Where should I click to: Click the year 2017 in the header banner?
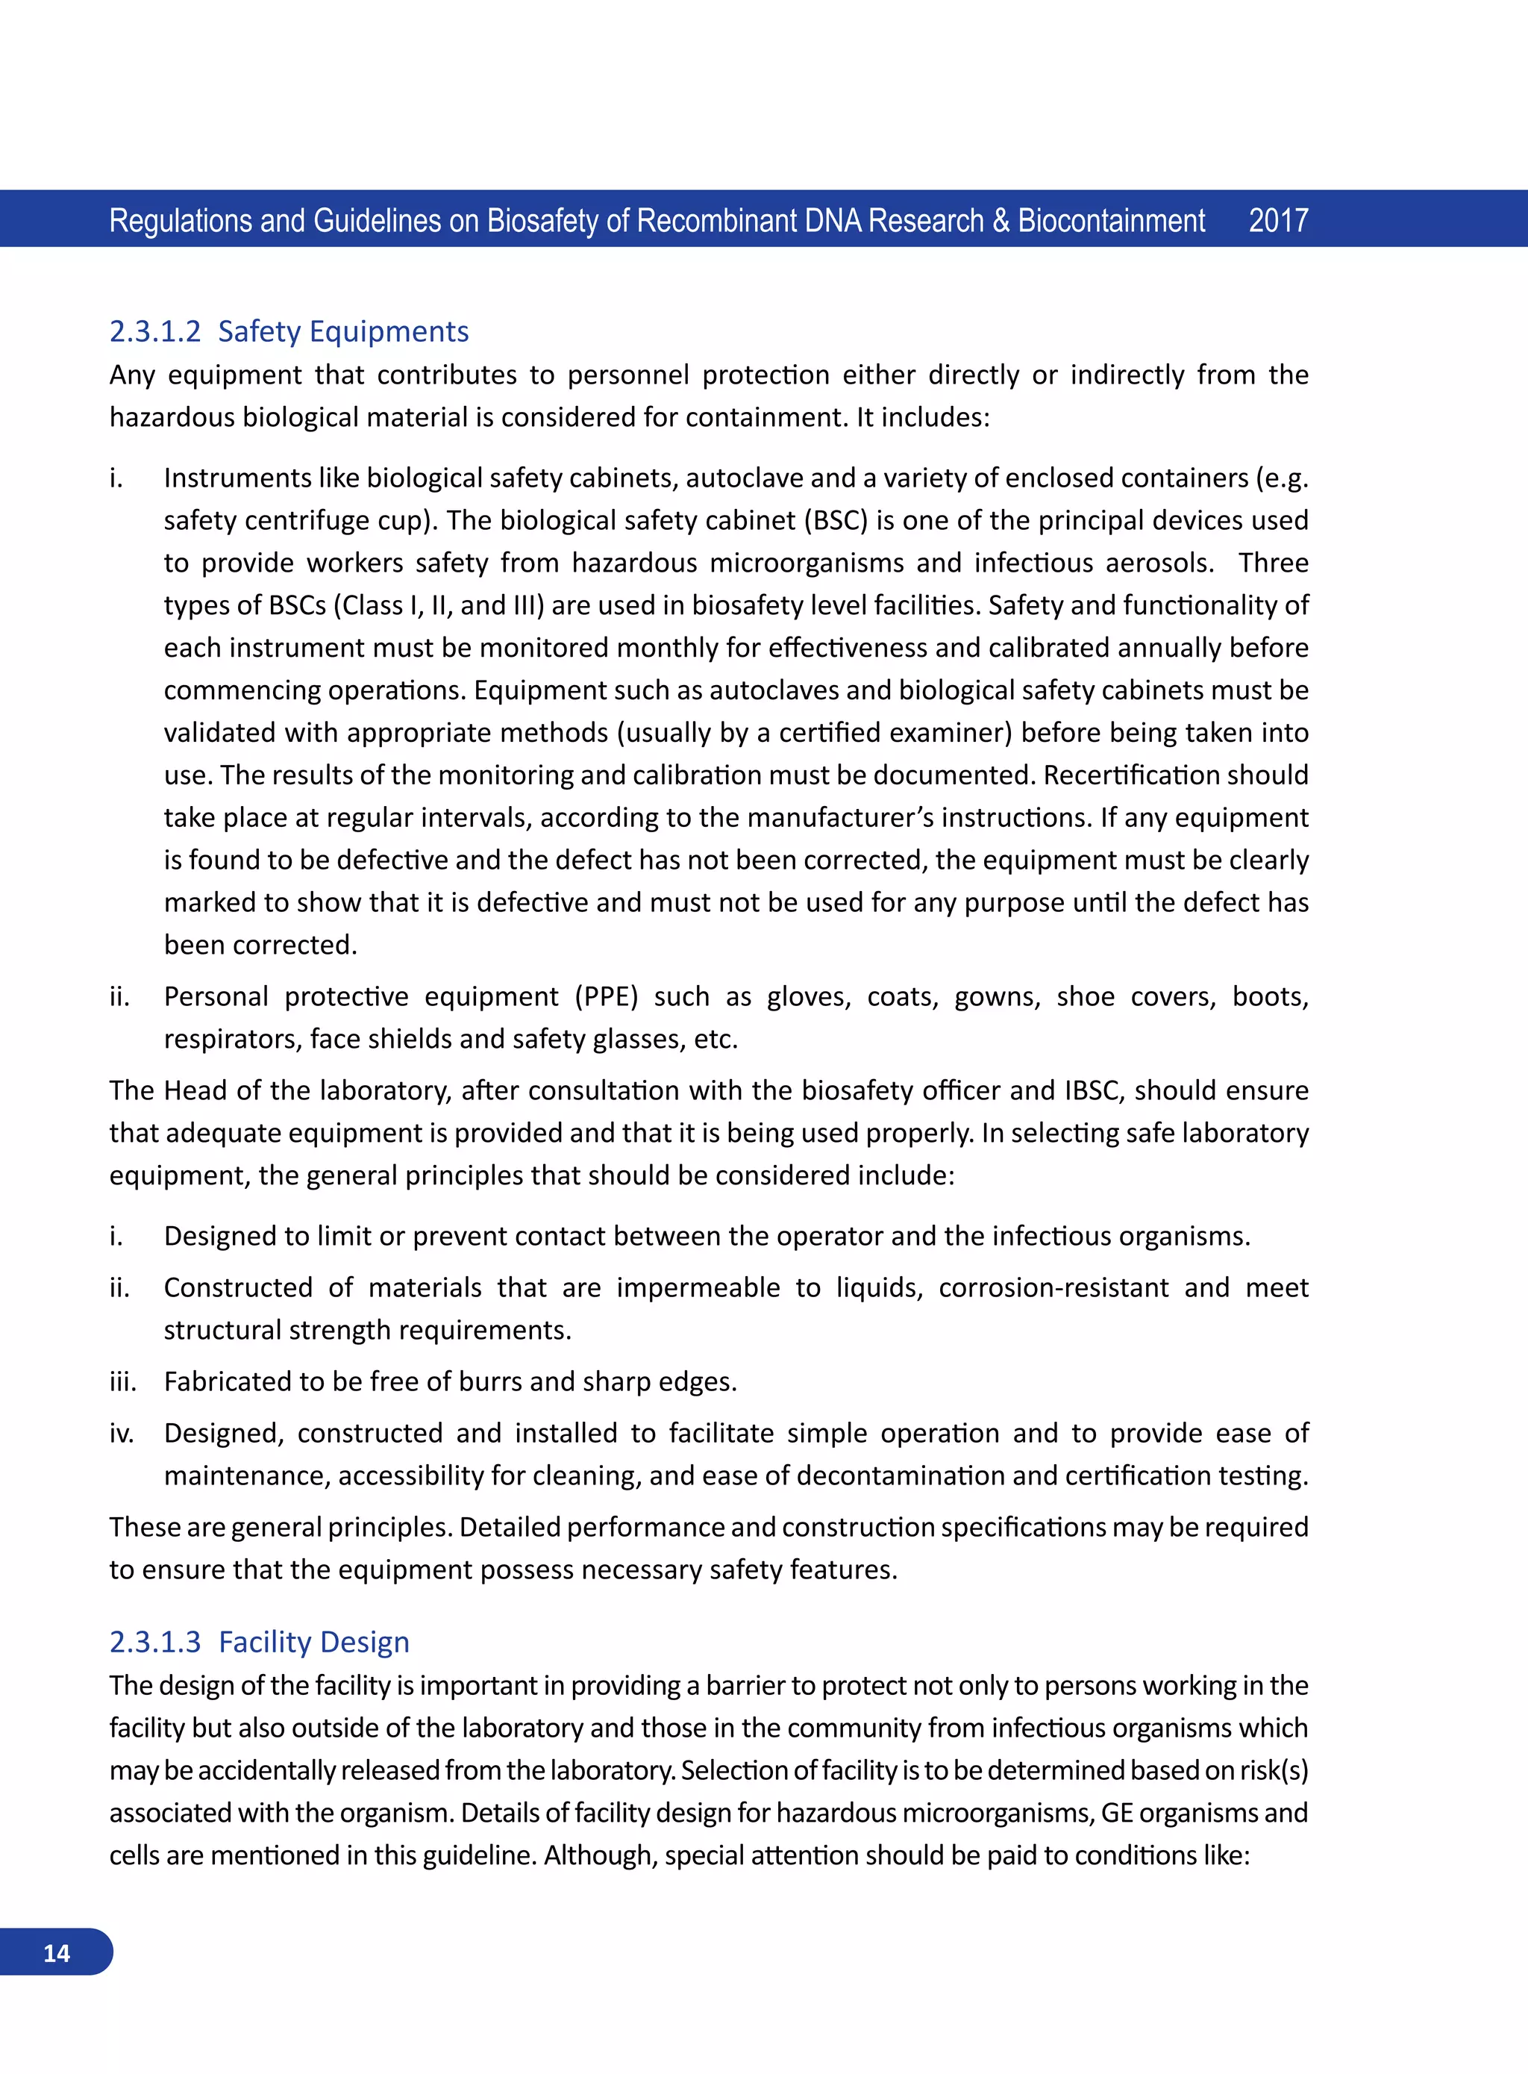coord(1277,220)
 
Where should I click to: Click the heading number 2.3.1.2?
coord(154,331)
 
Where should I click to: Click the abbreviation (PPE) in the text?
coord(606,996)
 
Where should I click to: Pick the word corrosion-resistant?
coord(1053,1287)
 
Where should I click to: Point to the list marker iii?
coord(122,1381)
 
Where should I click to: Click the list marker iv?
coord(121,1433)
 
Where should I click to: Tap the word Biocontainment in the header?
coord(1111,220)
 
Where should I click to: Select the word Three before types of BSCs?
coord(1273,563)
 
